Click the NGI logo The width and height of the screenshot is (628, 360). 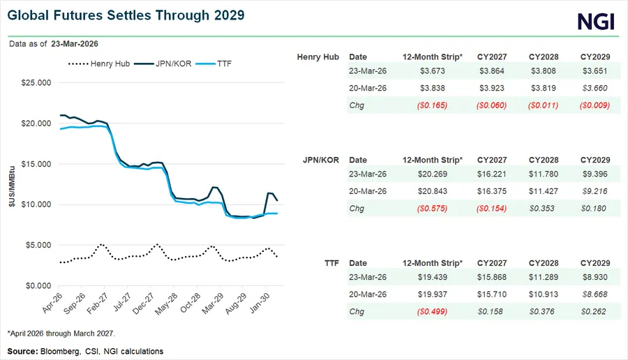pos(596,22)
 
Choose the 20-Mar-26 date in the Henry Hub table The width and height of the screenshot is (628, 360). pos(366,89)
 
